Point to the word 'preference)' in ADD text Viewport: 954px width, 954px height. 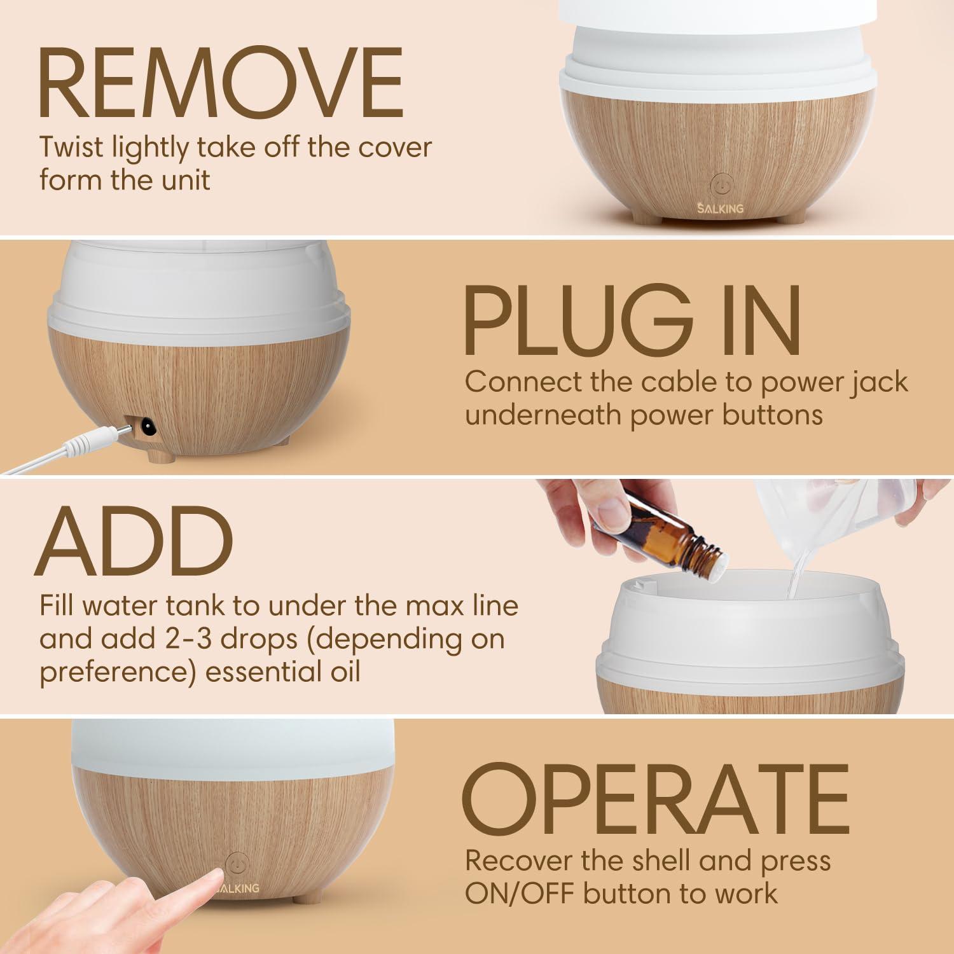click(x=118, y=672)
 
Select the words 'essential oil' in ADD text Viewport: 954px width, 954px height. click(x=283, y=672)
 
